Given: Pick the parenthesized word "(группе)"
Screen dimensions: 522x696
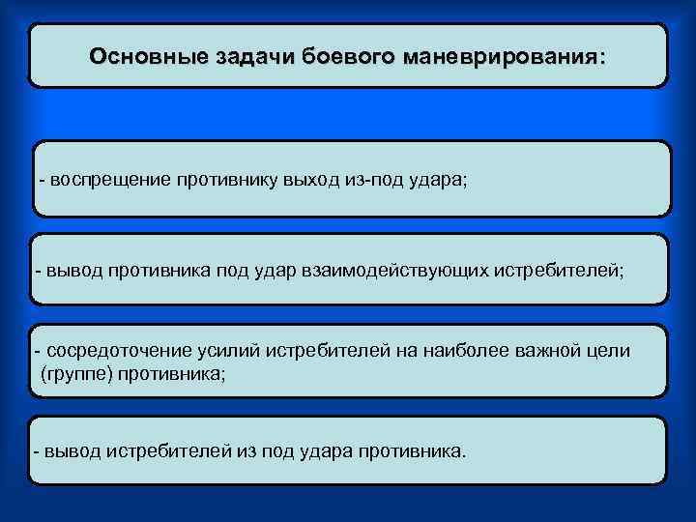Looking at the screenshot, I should [x=75, y=373].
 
